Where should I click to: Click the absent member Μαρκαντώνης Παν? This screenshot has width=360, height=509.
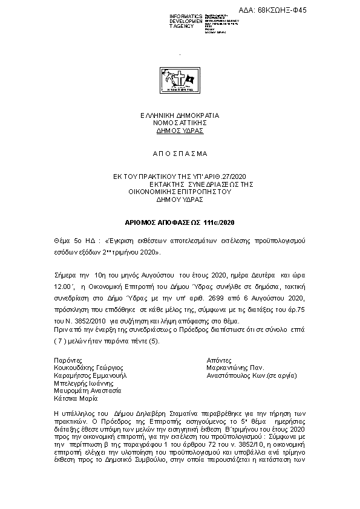(235, 367)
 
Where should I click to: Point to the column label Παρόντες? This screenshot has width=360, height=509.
(68, 359)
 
